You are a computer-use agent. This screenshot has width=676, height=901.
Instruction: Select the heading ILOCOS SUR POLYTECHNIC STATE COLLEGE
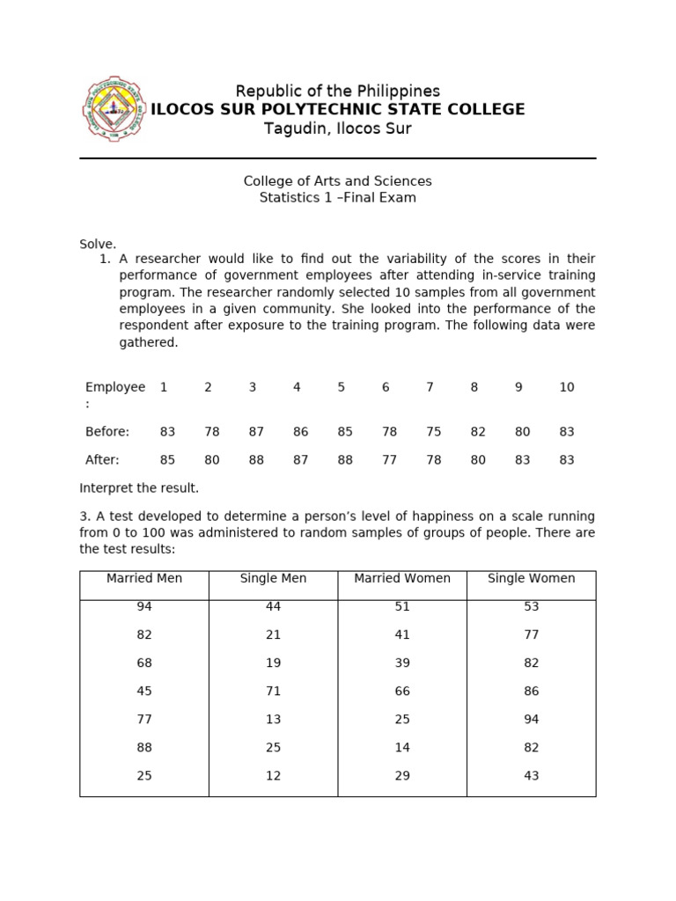pyautogui.click(x=338, y=110)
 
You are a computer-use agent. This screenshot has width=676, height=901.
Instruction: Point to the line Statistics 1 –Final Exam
pyautogui.click(x=338, y=198)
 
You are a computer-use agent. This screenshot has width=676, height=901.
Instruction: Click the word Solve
pyautogui.click(x=98, y=244)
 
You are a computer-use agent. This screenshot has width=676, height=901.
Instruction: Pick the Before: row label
pyautogui.click(x=107, y=432)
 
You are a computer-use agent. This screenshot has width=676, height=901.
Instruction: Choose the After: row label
pyautogui.click(x=102, y=460)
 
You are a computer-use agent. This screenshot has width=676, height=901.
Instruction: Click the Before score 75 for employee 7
pyautogui.click(x=433, y=432)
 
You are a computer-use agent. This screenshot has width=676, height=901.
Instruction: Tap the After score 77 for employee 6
pyautogui.click(x=389, y=460)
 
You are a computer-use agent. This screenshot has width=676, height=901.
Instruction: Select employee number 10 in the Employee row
pyautogui.click(x=567, y=387)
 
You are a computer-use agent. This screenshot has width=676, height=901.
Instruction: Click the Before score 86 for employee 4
pyautogui.click(x=300, y=432)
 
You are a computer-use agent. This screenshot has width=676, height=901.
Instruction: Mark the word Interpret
pyautogui.click(x=108, y=488)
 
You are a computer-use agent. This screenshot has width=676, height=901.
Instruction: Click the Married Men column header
pyautogui.click(x=144, y=579)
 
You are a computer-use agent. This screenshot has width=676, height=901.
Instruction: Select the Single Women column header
pyautogui.click(x=531, y=579)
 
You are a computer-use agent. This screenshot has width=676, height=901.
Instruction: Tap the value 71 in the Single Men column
pyautogui.click(x=274, y=692)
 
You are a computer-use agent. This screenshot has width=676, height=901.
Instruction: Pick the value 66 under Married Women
pyautogui.click(x=402, y=692)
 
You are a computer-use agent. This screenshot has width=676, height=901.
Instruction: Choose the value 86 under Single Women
pyautogui.click(x=531, y=692)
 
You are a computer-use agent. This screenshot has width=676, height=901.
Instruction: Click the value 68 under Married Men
pyautogui.click(x=144, y=663)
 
